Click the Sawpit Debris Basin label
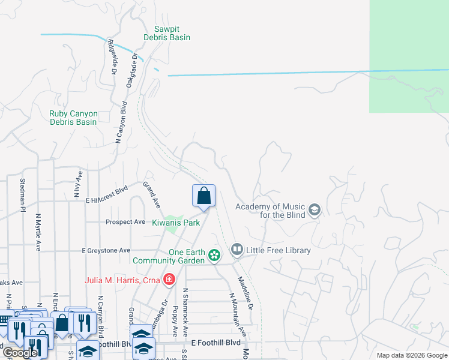167,32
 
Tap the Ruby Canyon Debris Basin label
73,117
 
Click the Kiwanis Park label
175,223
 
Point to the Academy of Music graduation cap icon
315,211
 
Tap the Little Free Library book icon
237,250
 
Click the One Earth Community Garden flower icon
214,256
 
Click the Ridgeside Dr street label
112,57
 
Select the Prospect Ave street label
125,222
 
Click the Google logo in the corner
19,353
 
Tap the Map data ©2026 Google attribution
412,355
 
